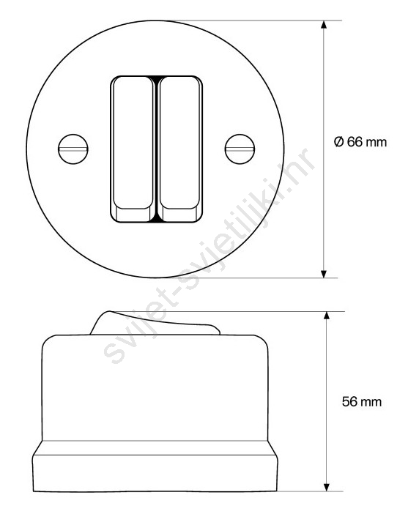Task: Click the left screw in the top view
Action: click(x=73, y=149)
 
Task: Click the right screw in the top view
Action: click(x=240, y=149)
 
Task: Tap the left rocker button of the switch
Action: click(x=133, y=149)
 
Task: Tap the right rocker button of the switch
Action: click(x=179, y=149)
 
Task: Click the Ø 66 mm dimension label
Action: click(x=360, y=142)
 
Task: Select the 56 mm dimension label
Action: click(x=362, y=402)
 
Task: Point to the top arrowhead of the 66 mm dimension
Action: click(x=324, y=26)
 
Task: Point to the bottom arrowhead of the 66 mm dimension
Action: click(x=324, y=274)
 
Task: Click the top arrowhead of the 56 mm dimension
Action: click(x=326, y=316)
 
